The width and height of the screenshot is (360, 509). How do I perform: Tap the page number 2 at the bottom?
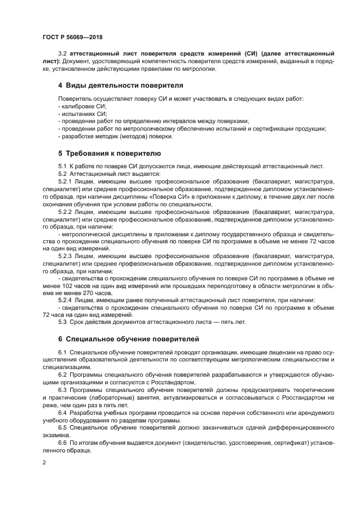click(x=44, y=462)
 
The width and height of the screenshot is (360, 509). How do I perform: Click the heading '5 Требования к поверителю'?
click(x=109, y=153)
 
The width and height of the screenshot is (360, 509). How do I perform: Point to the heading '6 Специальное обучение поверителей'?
click(x=128, y=339)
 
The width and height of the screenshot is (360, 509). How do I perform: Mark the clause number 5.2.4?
click(x=65, y=300)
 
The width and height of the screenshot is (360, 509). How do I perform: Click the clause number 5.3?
click(x=63, y=322)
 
